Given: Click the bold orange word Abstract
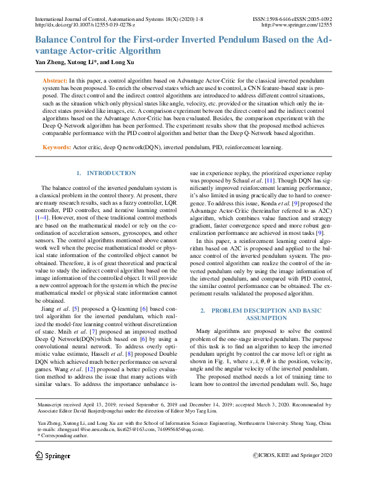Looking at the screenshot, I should [x=54, y=81].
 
